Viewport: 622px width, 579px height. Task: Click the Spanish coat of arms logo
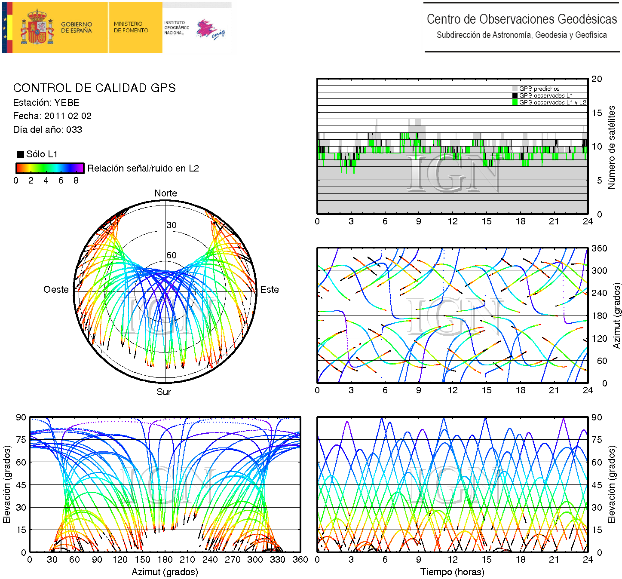pyautogui.click(x=38, y=28)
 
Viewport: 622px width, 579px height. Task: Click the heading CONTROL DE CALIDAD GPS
pyautogui.click(x=94, y=88)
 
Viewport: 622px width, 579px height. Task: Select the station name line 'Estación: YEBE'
pyautogui.click(x=46, y=103)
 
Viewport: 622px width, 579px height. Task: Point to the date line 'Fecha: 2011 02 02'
pyautogui.click(x=52, y=116)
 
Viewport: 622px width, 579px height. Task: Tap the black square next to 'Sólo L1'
pyautogui.click(x=20, y=154)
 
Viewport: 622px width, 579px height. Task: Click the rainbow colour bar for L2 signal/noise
pyautogui.click(x=50, y=168)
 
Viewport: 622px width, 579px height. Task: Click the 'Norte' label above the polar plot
pyautogui.click(x=165, y=193)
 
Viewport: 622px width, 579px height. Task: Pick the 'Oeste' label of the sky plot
pyautogui.click(x=56, y=290)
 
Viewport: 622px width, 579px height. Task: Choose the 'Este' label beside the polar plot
pyautogui.click(x=270, y=290)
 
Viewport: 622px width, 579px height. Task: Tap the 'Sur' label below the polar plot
pyautogui.click(x=164, y=392)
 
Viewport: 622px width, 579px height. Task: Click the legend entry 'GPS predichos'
pyautogui.click(x=539, y=89)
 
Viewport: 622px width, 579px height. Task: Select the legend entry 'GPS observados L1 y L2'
pyautogui.click(x=552, y=102)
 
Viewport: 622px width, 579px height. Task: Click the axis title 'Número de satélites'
pyautogui.click(x=611, y=147)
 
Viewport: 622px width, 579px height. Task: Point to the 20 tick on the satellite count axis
pyautogui.click(x=597, y=79)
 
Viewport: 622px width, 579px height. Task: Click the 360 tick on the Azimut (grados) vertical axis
pyautogui.click(x=599, y=248)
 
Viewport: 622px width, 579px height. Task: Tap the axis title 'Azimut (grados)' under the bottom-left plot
pyautogui.click(x=165, y=572)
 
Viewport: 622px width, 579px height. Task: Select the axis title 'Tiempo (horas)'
pyautogui.click(x=452, y=572)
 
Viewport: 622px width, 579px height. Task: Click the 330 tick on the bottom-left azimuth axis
pyautogui.click(x=277, y=560)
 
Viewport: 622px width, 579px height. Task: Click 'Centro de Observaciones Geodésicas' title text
pyautogui.click(x=521, y=19)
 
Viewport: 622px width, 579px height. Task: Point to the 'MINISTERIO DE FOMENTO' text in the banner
pyautogui.click(x=131, y=28)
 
